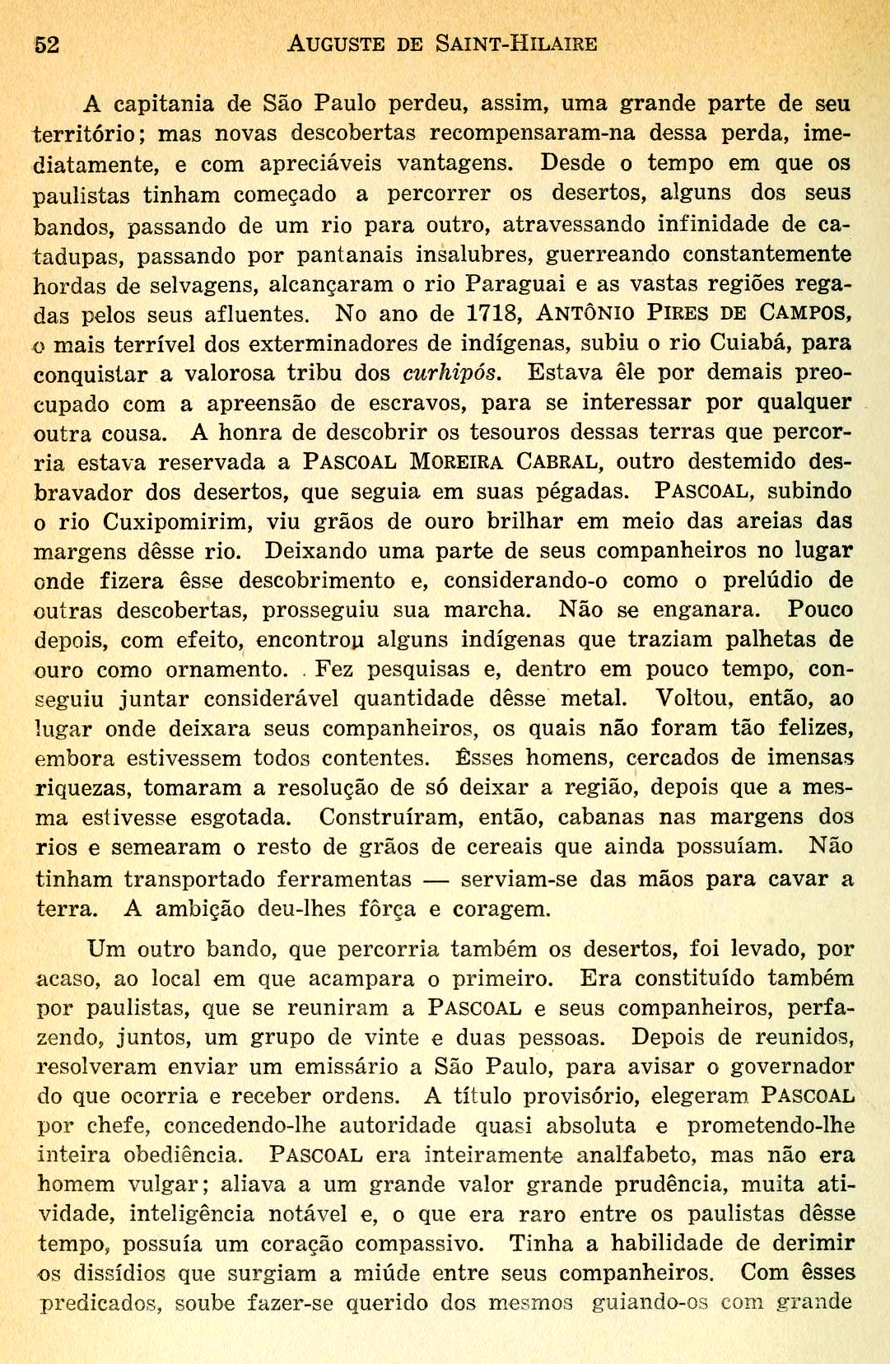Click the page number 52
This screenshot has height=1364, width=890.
tap(47, 44)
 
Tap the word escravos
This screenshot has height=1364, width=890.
tap(421, 404)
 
